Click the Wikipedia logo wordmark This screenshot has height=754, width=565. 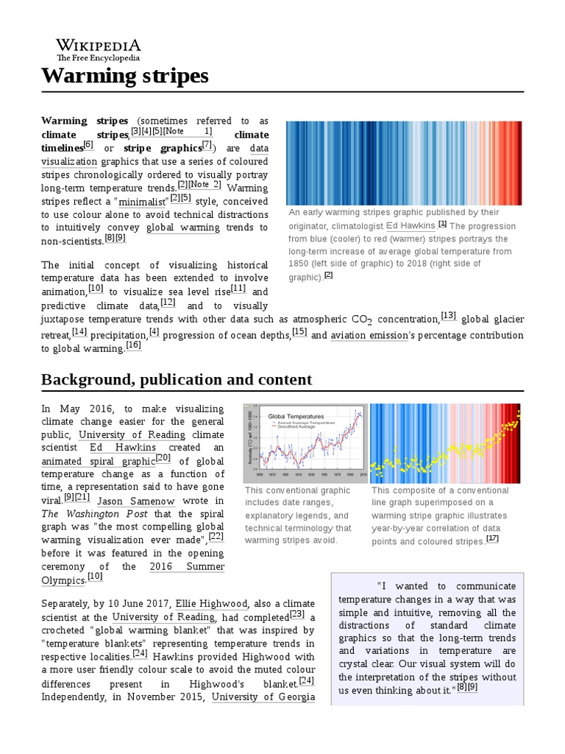[x=99, y=46]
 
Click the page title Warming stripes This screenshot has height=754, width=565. [x=124, y=75]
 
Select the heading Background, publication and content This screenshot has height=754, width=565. [x=177, y=379]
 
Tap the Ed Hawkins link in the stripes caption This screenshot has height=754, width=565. [x=411, y=225]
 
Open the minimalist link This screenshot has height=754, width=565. [x=143, y=201]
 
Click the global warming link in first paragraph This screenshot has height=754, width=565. [x=183, y=228]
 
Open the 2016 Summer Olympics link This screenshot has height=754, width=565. [x=187, y=566]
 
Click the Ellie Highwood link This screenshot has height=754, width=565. [x=214, y=604]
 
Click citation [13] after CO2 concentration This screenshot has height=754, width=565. [x=448, y=316]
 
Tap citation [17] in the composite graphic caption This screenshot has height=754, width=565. [x=492, y=538]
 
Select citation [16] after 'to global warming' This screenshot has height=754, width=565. [x=133, y=345]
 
